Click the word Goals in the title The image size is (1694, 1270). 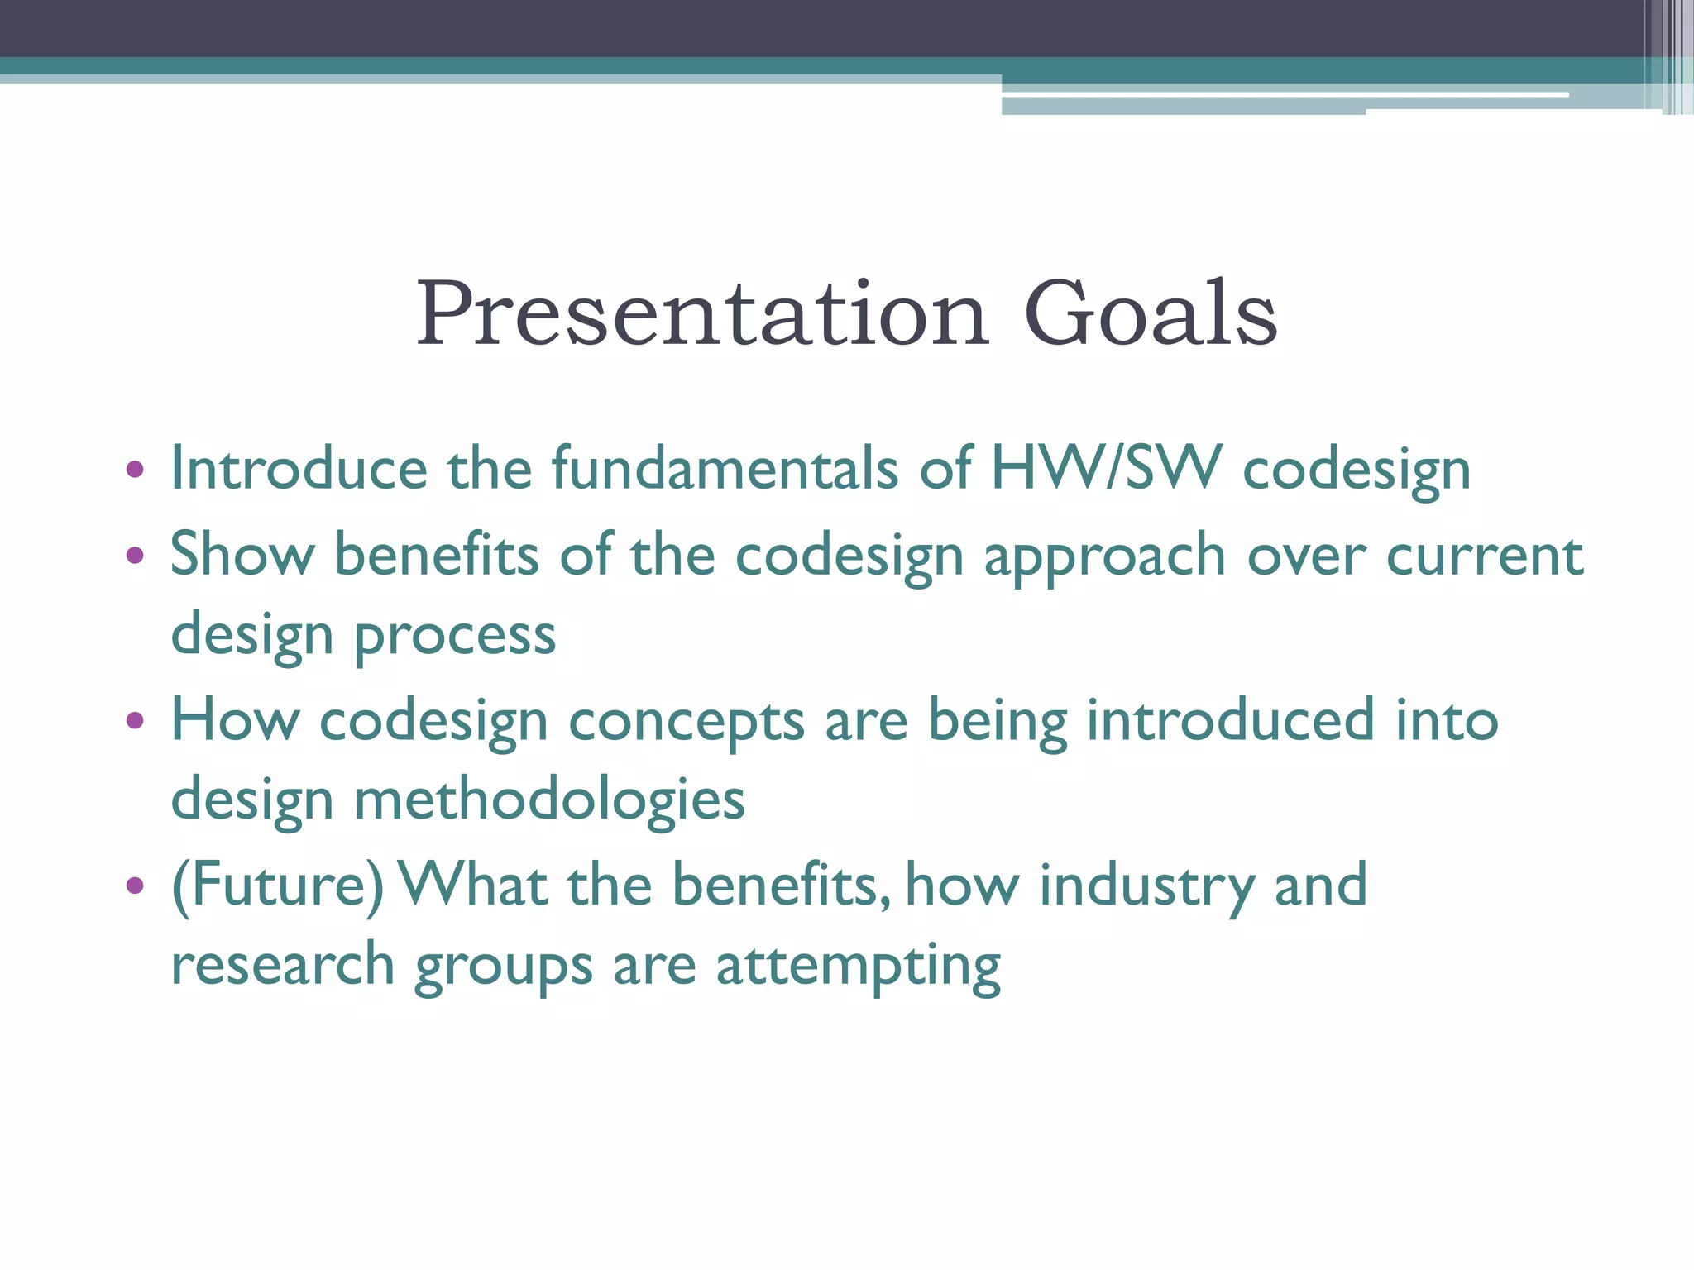tap(1151, 314)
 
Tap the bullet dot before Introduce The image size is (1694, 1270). tap(135, 470)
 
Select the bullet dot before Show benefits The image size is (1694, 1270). tap(135, 555)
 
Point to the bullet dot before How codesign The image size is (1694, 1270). tap(135, 720)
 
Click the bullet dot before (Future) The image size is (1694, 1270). tap(135, 886)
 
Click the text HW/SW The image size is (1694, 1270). tap(1106, 469)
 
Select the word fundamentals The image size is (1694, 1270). tap(725, 469)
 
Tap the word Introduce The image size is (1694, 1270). tap(299, 469)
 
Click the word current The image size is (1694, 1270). tap(1485, 555)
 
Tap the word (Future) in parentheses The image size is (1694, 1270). tap(277, 886)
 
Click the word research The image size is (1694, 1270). tap(282, 965)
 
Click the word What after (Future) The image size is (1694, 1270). tap(473, 884)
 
